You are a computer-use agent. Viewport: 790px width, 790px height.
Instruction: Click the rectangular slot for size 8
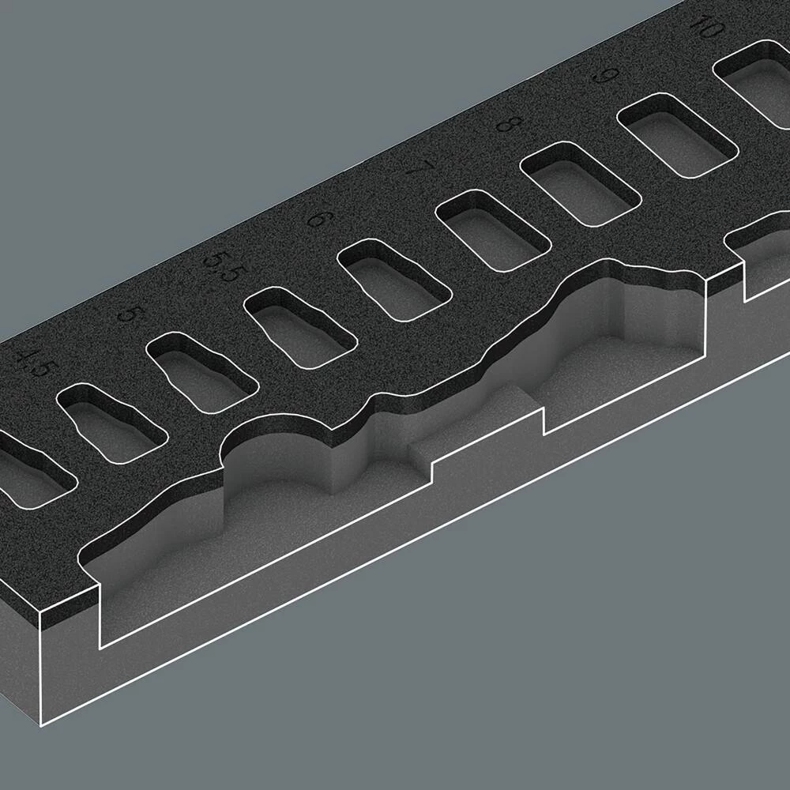point(579,182)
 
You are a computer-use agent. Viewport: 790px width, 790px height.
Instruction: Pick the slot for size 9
point(675,134)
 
